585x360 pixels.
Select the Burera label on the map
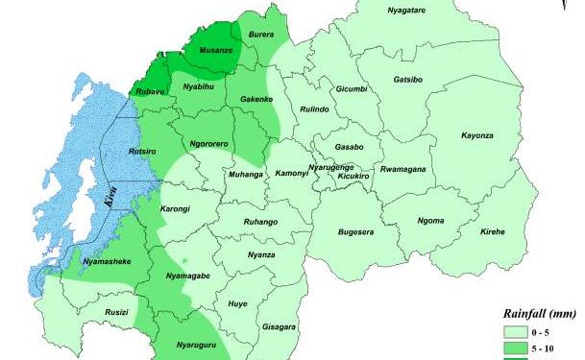pos(261,35)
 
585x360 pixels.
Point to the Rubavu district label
pos(149,91)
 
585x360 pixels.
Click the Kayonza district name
pos(477,135)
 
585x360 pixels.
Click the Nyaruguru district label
pos(195,343)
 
